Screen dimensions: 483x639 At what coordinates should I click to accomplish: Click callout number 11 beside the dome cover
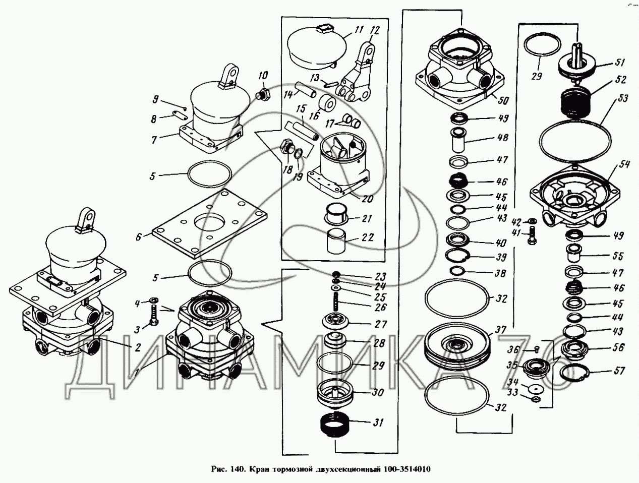[x=359, y=30]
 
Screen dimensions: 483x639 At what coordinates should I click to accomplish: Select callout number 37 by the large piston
[x=500, y=330]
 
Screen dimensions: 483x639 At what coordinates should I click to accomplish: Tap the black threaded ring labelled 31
[x=334, y=425]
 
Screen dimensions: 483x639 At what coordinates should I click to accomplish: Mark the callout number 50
[x=503, y=100]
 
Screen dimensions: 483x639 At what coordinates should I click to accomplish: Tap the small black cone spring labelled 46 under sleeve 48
[x=458, y=179]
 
